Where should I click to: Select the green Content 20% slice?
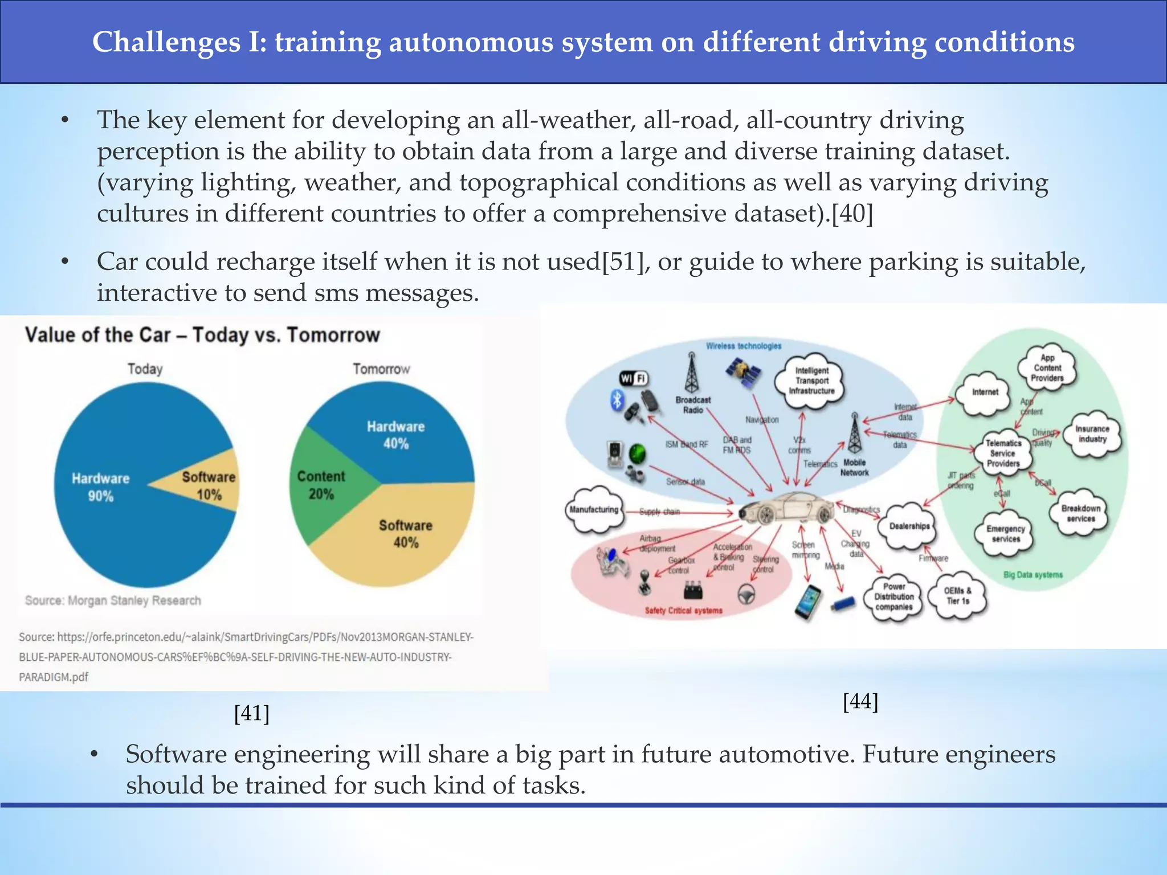(322, 485)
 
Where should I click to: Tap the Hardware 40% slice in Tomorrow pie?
(395, 435)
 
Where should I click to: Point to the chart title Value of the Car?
(202, 335)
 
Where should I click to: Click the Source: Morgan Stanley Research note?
(113, 600)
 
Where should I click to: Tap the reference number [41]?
(251, 713)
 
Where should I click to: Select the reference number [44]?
(860, 701)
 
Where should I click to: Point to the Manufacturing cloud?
(594, 509)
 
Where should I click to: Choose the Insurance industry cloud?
(1092, 434)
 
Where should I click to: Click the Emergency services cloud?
(1006, 534)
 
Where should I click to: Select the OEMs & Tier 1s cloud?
(957, 596)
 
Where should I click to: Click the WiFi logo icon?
(634, 378)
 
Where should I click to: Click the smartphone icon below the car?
(808, 602)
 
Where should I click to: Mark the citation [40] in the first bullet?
(852, 214)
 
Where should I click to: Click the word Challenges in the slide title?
(166, 42)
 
